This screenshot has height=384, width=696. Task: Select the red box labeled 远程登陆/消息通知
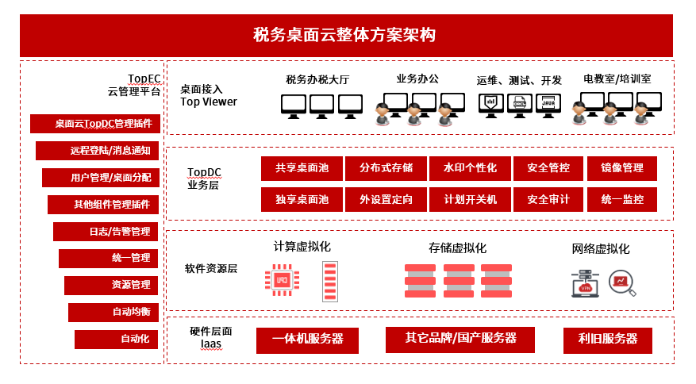point(98,151)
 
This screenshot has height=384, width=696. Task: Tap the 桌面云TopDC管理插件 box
point(96,124)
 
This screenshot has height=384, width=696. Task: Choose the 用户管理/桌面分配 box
point(102,178)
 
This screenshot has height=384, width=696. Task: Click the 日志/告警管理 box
point(107,232)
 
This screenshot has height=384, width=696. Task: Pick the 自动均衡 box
point(114,312)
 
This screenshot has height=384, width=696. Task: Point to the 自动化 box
point(117,339)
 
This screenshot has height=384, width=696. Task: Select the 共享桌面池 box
point(302,168)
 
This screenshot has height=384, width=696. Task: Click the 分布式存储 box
point(386,168)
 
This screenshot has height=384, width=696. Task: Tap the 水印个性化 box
point(470,168)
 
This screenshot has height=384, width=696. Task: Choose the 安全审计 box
point(548,199)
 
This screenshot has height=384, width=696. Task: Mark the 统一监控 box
point(622,199)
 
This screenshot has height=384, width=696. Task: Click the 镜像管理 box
point(622,168)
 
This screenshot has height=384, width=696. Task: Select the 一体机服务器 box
point(307,339)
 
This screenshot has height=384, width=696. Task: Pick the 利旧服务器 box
point(608,339)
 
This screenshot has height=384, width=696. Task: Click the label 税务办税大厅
point(317,79)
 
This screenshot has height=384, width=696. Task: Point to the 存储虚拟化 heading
point(457,248)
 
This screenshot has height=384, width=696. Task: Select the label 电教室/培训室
point(617,79)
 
